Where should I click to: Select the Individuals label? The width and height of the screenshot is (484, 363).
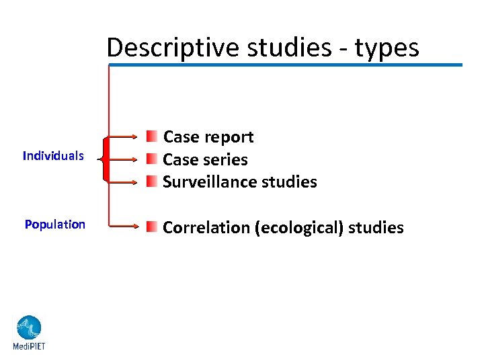[53, 156]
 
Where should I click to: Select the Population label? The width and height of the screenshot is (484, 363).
[55, 225]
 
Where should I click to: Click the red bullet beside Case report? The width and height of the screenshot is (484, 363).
[154, 137]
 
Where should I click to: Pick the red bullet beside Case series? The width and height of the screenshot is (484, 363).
[154, 160]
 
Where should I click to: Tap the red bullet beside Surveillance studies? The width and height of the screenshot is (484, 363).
[154, 182]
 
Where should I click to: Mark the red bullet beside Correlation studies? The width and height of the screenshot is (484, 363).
[154, 227]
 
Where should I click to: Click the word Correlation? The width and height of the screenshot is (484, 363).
[206, 228]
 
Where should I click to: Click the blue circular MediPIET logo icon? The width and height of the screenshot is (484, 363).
[29, 328]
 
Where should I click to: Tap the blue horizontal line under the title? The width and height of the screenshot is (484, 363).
[286, 65]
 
